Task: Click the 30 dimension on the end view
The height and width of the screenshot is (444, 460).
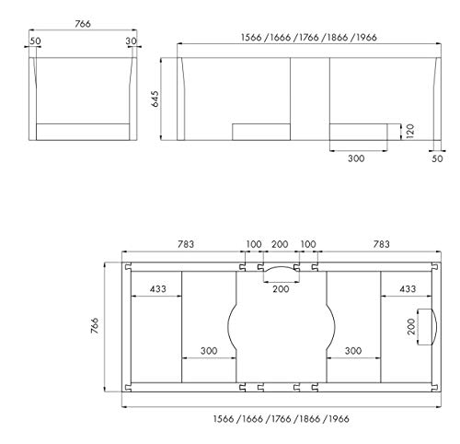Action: [x=132, y=41]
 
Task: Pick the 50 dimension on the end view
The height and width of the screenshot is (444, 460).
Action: [x=35, y=41]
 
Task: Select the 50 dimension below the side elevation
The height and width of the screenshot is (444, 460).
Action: [x=437, y=159]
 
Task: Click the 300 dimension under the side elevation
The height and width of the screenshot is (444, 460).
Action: [x=357, y=158]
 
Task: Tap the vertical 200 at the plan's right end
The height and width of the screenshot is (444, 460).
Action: [x=411, y=327]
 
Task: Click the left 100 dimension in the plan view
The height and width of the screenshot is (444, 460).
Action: [x=251, y=244]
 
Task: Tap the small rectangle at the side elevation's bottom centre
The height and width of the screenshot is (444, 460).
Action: [x=260, y=131]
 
